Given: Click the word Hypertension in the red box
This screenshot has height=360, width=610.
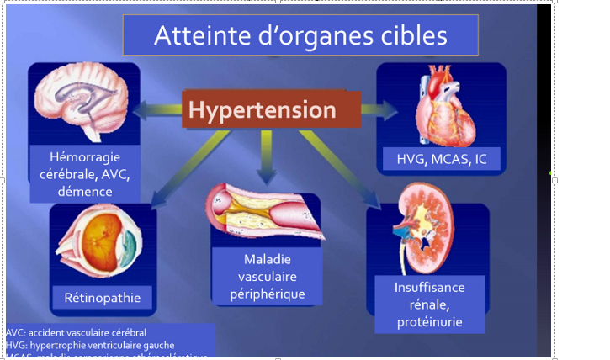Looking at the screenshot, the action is coord(262,110).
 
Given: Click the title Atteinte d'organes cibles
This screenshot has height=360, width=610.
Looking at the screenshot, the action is coord(300,35).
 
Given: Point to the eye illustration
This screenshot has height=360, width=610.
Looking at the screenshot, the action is coord(99,245).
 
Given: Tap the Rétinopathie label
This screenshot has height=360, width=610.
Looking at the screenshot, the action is coord(103,297).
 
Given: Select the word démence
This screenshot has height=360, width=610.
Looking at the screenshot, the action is coord(85,192).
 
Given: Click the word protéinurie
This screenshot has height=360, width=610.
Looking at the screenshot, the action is coord(429,321).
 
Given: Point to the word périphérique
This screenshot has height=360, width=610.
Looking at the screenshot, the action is coord(268,294).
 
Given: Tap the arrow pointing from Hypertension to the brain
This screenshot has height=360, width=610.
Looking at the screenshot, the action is coord(156,109).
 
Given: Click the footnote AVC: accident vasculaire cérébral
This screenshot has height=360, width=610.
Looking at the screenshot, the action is coord(76,332).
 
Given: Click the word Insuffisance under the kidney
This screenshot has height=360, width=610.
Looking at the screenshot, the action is coord(429,288).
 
